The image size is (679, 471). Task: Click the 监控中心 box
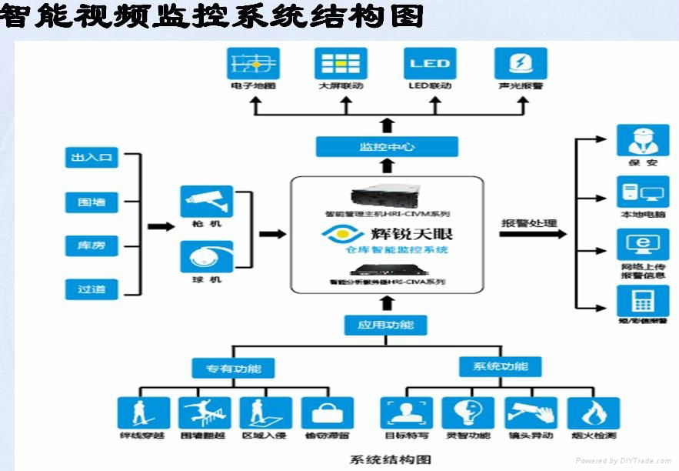(387, 146)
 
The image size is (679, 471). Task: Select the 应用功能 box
(385, 325)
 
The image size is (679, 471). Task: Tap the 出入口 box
(92, 159)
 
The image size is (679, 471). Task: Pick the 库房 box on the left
(92, 246)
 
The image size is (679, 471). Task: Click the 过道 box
(92, 289)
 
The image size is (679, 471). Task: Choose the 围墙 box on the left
(92, 202)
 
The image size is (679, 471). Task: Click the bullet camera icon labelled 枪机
(207, 202)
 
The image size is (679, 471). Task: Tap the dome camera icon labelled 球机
(207, 256)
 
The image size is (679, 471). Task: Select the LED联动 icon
(430, 63)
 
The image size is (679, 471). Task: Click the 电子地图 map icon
(253, 63)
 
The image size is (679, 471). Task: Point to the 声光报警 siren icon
(521, 63)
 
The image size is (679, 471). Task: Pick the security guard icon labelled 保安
(642, 140)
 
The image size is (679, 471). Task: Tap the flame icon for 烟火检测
(594, 413)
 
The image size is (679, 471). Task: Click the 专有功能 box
(232, 368)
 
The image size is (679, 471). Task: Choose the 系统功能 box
(500, 366)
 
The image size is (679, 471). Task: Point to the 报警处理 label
(528, 224)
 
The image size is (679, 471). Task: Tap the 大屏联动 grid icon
(341, 63)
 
